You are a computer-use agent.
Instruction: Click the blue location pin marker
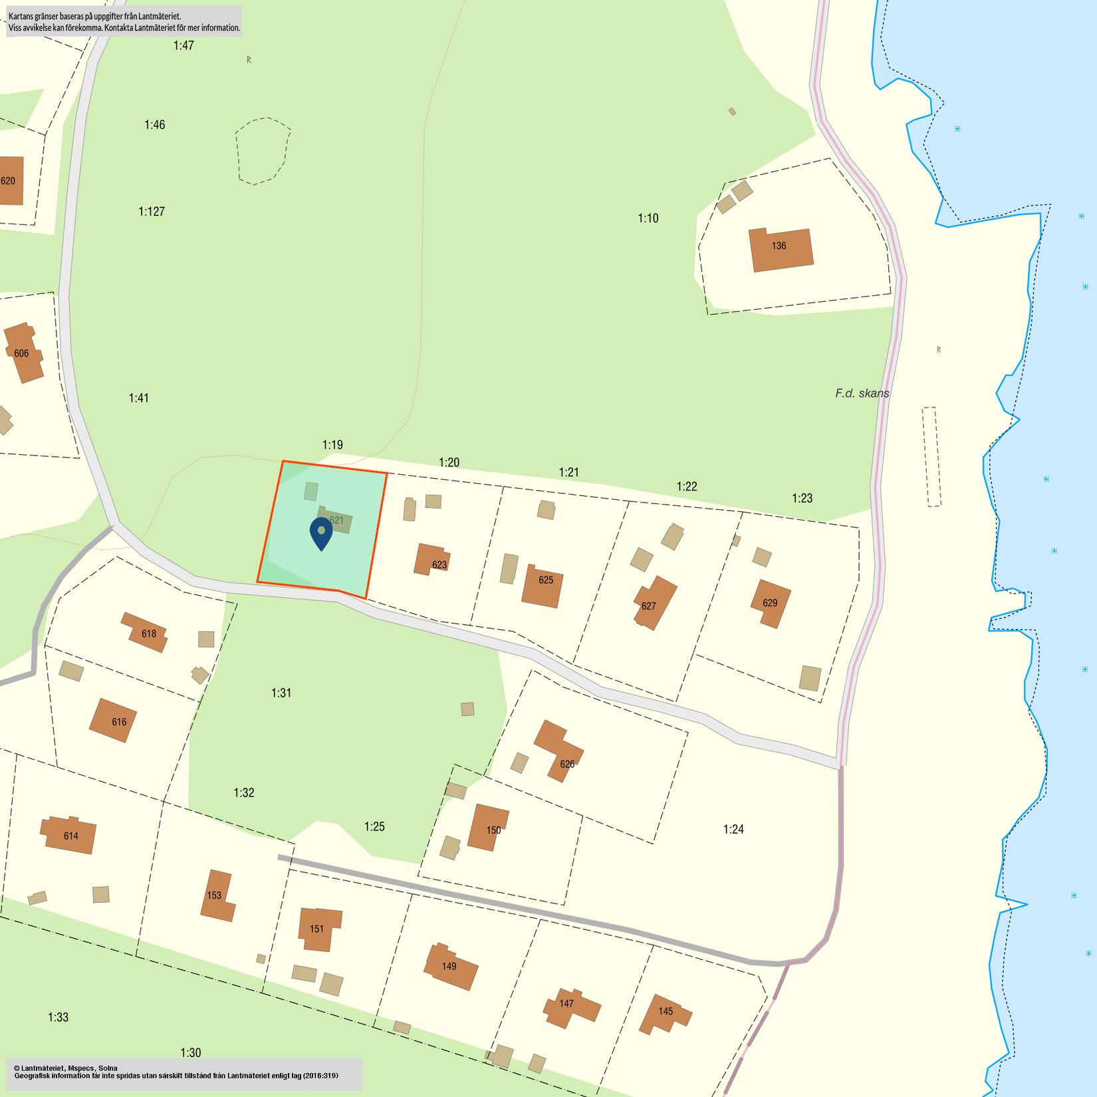tap(321, 532)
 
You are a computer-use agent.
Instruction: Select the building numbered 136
tap(781, 249)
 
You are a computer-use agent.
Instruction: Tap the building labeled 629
tap(771, 603)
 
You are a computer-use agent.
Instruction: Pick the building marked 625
tap(543, 585)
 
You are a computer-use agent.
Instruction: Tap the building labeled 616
tap(113, 720)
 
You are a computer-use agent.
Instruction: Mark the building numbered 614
tap(69, 835)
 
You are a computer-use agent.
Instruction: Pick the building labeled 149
tap(451, 967)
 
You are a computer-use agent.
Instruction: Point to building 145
tap(664, 1013)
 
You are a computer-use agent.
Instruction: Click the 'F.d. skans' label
tap(862, 394)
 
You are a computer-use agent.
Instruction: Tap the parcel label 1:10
tap(648, 218)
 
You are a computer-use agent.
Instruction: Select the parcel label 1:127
tap(152, 211)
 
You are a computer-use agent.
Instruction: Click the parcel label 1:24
tap(733, 829)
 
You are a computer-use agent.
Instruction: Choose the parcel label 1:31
tap(281, 693)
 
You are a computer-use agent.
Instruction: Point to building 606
tap(23, 352)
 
